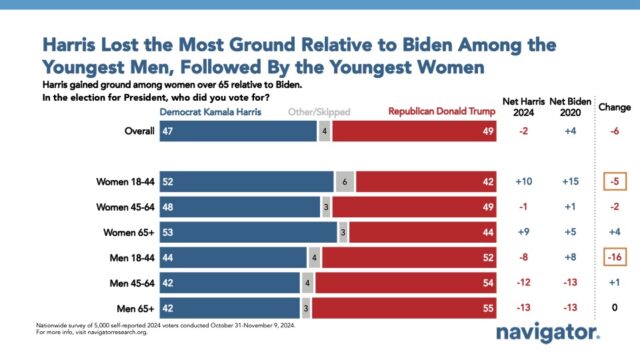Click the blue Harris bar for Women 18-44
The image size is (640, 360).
pos(245,181)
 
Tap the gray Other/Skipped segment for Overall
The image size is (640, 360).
pos(324,130)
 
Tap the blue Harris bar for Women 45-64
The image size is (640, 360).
pos(239,206)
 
